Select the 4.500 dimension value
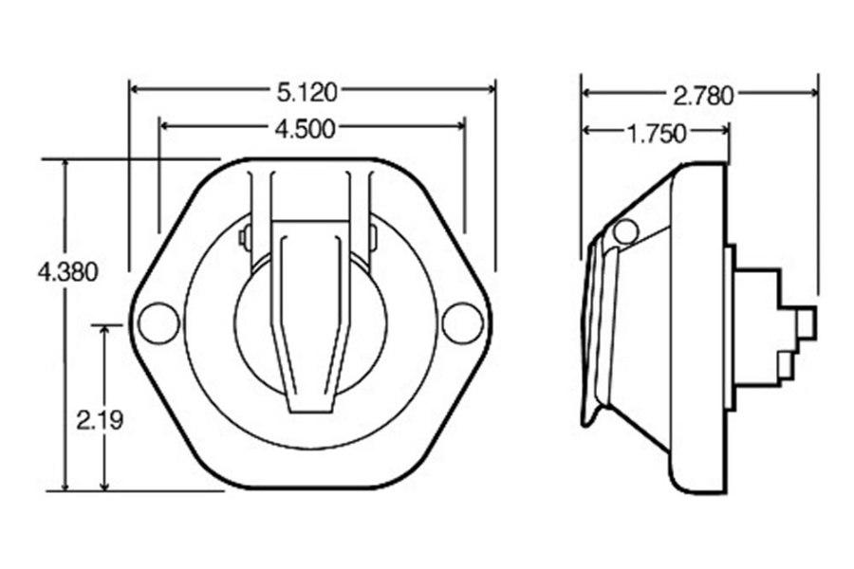(x=305, y=129)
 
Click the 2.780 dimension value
(x=703, y=95)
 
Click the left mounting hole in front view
(x=158, y=323)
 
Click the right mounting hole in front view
(x=462, y=323)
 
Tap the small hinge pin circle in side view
(x=625, y=230)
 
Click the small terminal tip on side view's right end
(x=807, y=323)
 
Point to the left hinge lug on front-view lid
(x=245, y=236)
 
